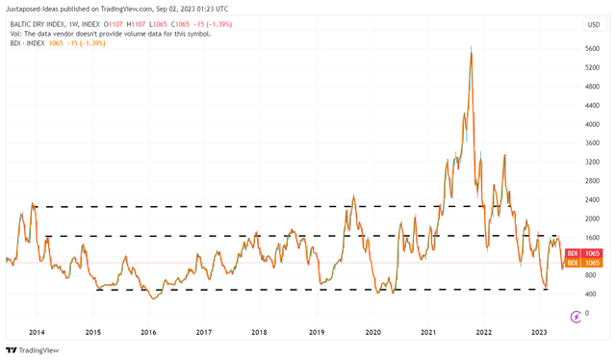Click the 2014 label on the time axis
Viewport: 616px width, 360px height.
37,331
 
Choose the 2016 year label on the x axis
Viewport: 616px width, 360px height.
148,331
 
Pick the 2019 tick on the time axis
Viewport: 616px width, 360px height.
317,331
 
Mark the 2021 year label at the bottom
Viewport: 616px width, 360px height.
428,331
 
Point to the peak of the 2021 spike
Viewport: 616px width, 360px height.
471,46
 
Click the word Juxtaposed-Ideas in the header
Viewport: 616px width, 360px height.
37,8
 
